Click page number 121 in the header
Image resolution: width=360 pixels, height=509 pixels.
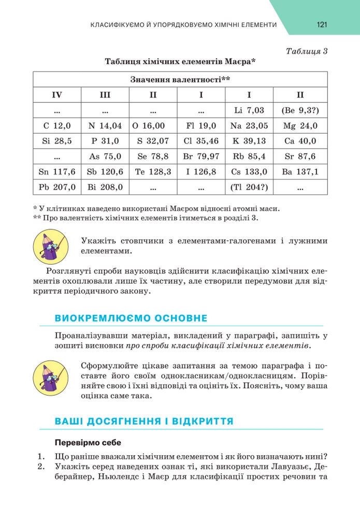(321, 25)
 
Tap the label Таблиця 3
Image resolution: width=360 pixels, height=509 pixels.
(307, 51)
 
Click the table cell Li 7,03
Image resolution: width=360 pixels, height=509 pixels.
(249, 110)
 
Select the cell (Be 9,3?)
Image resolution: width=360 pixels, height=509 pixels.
(300, 110)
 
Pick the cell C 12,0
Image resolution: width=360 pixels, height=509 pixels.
(57, 125)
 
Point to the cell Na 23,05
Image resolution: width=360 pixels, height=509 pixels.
(249, 125)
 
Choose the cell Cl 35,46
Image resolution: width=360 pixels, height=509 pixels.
(201, 141)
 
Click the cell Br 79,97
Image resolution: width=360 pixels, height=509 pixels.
(201, 156)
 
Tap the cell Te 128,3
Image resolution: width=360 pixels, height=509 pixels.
(153, 172)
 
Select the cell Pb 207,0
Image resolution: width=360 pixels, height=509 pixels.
(57, 187)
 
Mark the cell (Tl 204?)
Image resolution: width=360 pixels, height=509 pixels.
(249, 187)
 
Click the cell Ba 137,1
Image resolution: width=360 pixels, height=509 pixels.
(300, 172)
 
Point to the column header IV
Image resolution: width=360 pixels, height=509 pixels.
(57, 95)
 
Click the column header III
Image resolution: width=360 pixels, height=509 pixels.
(105, 95)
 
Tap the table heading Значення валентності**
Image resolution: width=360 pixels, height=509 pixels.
(180, 80)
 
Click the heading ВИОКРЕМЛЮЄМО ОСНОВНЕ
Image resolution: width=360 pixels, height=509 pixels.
(131, 318)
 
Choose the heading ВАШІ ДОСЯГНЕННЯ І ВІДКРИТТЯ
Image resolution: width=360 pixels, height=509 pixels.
(144, 421)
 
